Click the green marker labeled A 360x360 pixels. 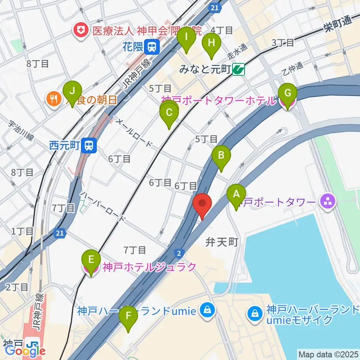(x=236, y=195)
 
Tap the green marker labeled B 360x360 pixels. (x=221, y=155)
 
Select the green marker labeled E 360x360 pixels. (x=91, y=260)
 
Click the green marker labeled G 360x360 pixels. (x=288, y=93)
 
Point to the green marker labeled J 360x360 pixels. (x=72, y=91)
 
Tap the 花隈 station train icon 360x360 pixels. (x=152, y=46)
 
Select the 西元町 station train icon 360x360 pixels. (x=89, y=145)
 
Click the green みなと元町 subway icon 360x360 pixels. (x=238, y=69)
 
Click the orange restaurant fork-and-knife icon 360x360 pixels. (x=52, y=99)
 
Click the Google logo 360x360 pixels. (x=25, y=350)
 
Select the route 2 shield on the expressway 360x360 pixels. (x=179, y=253)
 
